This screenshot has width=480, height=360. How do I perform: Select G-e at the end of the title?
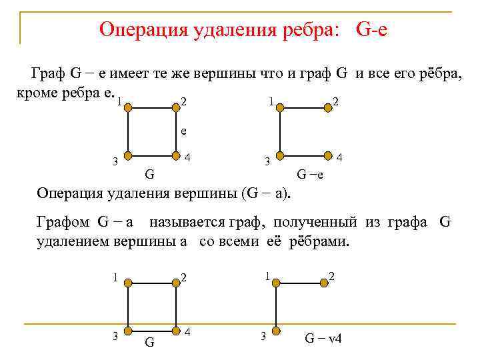[371, 29]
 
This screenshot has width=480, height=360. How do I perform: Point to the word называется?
[187, 222]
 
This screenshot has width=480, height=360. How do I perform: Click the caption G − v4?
[323, 337]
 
